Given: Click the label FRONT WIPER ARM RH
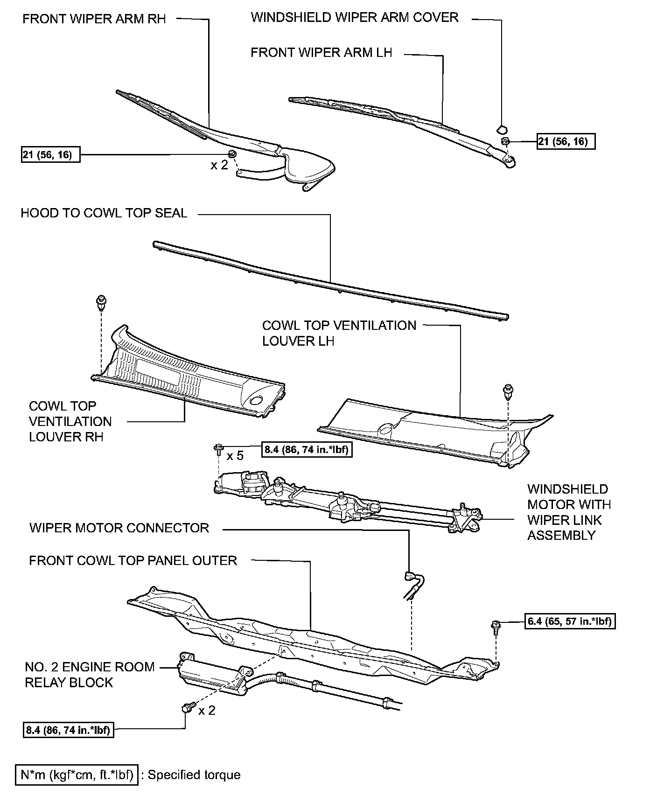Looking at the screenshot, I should (x=94, y=19).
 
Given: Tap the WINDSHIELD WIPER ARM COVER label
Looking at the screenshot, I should (x=354, y=18).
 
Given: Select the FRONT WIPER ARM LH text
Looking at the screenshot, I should (x=321, y=52).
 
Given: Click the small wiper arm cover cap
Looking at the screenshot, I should (x=502, y=128).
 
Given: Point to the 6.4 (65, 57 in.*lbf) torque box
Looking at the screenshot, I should (x=570, y=621).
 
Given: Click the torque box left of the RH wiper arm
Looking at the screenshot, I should (x=50, y=154).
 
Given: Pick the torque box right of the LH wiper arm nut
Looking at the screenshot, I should (x=566, y=141).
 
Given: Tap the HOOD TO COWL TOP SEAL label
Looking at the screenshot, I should (x=104, y=213).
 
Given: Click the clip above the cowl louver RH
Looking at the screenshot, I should (x=100, y=301).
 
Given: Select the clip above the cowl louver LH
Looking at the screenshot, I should (x=507, y=391).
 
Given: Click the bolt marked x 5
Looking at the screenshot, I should (x=218, y=450).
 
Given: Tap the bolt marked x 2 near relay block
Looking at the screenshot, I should (x=186, y=709).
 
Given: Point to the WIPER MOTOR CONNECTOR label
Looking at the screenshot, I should (x=119, y=528).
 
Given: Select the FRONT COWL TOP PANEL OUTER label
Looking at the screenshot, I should (x=133, y=560).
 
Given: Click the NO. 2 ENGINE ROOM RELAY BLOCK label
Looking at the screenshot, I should (x=89, y=674).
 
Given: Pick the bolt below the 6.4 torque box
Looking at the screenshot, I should (x=496, y=627).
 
